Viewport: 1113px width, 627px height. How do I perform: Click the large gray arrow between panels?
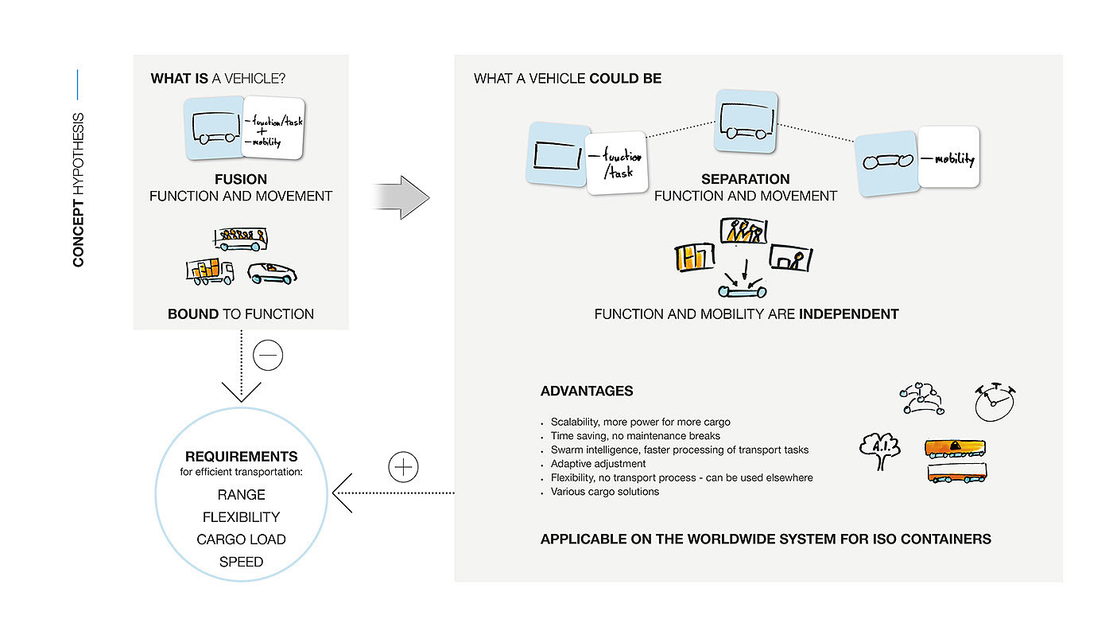pyautogui.click(x=401, y=197)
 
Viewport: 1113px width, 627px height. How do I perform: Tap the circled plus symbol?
pyautogui.click(x=404, y=466)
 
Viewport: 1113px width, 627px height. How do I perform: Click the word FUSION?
pyautogui.click(x=240, y=179)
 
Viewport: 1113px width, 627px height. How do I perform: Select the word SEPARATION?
pyautogui.click(x=745, y=179)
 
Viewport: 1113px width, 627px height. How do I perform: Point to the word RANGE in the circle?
pyautogui.click(x=241, y=495)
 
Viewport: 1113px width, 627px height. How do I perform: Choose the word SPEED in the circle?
pyautogui.click(x=241, y=562)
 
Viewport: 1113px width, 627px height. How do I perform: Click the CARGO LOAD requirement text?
pyautogui.click(x=241, y=539)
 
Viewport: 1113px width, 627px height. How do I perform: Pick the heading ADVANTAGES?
pyautogui.click(x=587, y=391)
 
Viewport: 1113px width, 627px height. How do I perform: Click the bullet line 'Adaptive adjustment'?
pyautogui.click(x=598, y=464)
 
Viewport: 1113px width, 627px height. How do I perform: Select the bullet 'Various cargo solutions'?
pyautogui.click(x=604, y=492)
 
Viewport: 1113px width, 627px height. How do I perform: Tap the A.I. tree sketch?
pyautogui.click(x=881, y=447)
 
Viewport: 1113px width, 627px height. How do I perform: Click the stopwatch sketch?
pyautogui.click(x=995, y=402)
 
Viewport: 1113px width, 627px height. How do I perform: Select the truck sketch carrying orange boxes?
pyautogui.click(x=210, y=273)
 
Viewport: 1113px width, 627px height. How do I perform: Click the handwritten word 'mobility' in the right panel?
pyautogui.click(x=954, y=159)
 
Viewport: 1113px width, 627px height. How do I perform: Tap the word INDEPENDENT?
pyautogui.click(x=848, y=314)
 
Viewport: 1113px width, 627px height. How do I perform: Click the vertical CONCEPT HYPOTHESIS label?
pyautogui.click(x=79, y=189)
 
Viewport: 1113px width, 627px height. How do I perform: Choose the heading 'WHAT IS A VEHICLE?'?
pyautogui.click(x=219, y=80)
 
